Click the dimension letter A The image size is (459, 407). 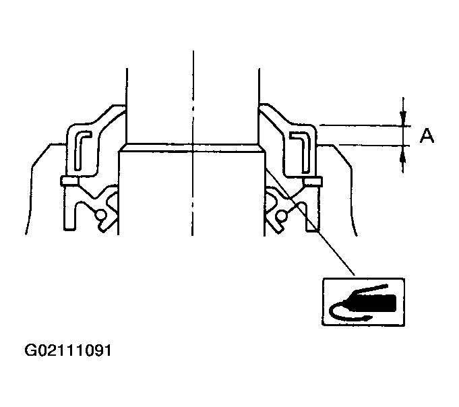tap(426, 136)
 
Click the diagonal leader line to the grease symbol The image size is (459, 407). tap(310, 222)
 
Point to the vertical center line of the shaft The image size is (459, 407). tap(192, 101)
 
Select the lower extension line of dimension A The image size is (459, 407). tap(364, 144)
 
